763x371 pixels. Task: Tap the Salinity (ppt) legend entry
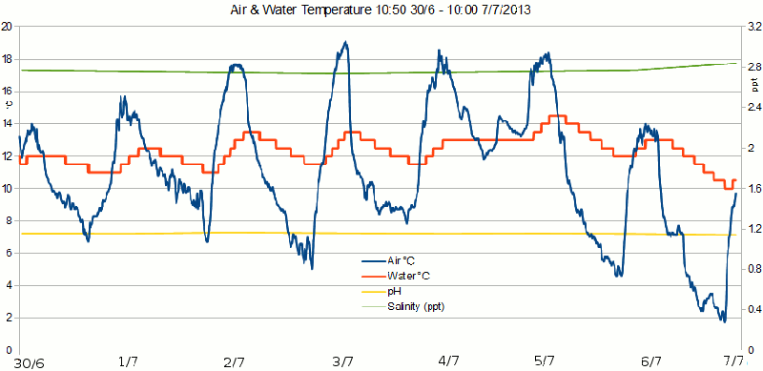tap(416, 306)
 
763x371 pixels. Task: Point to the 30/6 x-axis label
tap(29, 361)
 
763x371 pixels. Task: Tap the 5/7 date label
tap(545, 361)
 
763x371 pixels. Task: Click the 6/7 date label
tap(651, 361)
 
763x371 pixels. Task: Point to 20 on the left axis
tap(7, 27)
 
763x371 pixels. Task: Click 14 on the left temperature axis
tap(7, 124)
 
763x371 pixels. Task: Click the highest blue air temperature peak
tap(345, 43)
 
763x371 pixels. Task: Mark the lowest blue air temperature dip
tap(724, 319)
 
